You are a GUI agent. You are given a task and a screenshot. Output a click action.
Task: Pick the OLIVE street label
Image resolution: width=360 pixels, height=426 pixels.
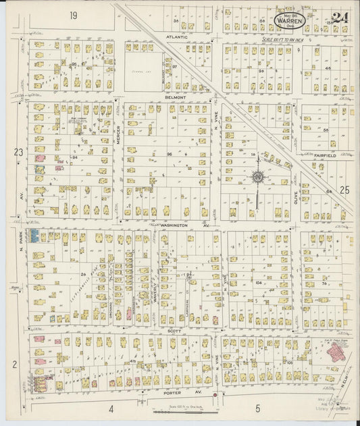coord(295,197)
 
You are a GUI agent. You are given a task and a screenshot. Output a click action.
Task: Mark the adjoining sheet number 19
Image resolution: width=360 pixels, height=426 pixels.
coord(72,14)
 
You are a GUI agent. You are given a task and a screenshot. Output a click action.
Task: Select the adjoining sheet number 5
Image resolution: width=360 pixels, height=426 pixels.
coord(257,408)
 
